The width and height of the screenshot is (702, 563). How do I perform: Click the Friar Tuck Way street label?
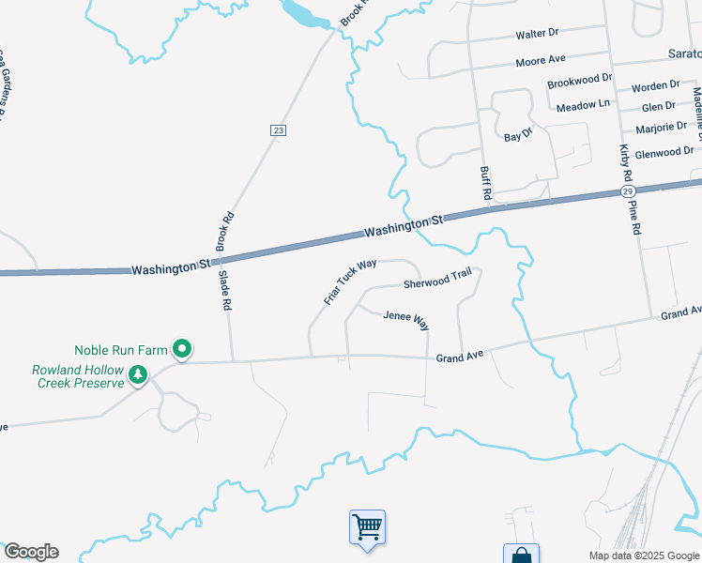343,281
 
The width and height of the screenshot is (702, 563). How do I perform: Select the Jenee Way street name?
405,320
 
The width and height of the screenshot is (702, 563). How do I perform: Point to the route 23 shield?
278,130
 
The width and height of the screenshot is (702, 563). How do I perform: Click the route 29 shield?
627,190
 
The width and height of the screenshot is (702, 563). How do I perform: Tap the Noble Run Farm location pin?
183,351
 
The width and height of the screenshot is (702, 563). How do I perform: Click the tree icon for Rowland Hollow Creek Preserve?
138,375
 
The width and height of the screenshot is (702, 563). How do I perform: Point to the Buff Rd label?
486,183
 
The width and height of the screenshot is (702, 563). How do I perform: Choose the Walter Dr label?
537,35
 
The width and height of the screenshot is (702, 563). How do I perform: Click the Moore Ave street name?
541,61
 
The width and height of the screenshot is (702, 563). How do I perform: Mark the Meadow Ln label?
583,107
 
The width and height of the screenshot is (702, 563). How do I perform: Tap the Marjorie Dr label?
661,127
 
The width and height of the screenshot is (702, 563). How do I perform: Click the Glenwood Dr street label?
664,151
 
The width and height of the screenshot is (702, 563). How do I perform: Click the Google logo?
31,552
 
